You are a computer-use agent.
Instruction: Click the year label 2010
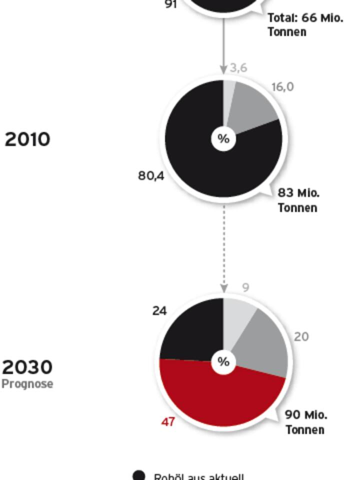[27, 139]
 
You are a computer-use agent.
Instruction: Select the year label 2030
[27, 367]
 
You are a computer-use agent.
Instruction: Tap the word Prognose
[27, 384]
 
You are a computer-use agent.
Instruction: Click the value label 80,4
[151, 176]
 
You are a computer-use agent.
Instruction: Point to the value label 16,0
[282, 87]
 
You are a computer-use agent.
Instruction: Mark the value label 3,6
[238, 67]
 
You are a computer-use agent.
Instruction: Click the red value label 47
[168, 422]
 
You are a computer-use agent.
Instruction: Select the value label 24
[159, 311]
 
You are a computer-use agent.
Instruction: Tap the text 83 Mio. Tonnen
[298, 200]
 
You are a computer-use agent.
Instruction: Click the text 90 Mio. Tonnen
[306, 422]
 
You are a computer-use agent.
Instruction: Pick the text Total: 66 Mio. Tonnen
[305, 24]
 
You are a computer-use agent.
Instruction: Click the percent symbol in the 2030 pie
[223, 361]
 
